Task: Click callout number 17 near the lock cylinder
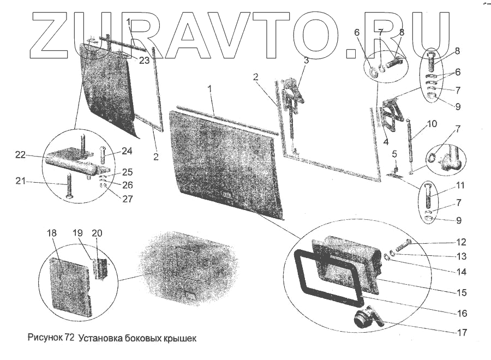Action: click(462, 331)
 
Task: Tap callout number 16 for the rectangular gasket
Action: click(462, 313)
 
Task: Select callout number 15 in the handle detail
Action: click(462, 293)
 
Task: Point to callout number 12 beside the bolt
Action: click(462, 242)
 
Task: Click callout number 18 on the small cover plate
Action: click(52, 233)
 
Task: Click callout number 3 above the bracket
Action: click(306, 61)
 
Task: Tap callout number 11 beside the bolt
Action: click(461, 185)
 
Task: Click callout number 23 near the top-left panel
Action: click(143, 61)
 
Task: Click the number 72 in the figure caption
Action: click(69, 338)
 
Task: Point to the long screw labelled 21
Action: click(69, 185)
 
